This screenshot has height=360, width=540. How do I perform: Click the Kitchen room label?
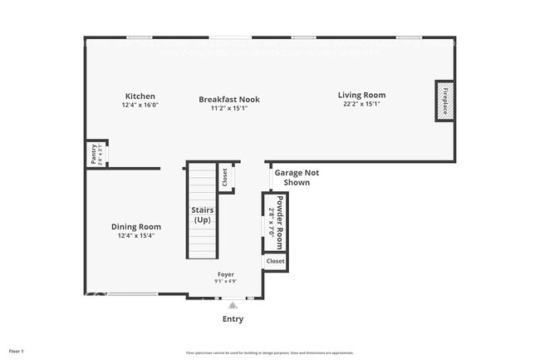coord(140,96)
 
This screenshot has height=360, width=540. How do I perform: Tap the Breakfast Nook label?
coord(228,99)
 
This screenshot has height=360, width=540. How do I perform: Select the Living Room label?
coord(361,95)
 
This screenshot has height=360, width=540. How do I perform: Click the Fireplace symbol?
coord(445,101)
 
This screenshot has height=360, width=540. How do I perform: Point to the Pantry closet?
coord(95,154)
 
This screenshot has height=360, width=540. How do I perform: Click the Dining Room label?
coord(136,226)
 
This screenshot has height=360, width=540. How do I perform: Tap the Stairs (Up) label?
coord(202,215)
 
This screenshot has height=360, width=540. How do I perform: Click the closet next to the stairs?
coord(224,176)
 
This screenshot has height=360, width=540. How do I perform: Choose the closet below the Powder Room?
coord(275,261)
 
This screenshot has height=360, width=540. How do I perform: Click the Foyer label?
coord(226,274)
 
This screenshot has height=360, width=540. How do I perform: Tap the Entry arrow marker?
coord(233,306)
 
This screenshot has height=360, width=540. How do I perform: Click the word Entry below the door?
coord(233,319)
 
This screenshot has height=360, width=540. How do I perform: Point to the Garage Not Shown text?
coord(297,178)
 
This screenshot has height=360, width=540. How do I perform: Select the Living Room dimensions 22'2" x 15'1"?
coord(361,105)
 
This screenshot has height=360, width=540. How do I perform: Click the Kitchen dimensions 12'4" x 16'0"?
coord(140,106)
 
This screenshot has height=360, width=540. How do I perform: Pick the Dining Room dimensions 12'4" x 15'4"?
coord(136,235)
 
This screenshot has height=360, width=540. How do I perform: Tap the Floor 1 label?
coord(17,351)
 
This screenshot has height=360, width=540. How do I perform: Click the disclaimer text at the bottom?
coord(269,352)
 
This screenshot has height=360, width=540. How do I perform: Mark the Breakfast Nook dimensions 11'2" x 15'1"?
coord(228,108)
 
